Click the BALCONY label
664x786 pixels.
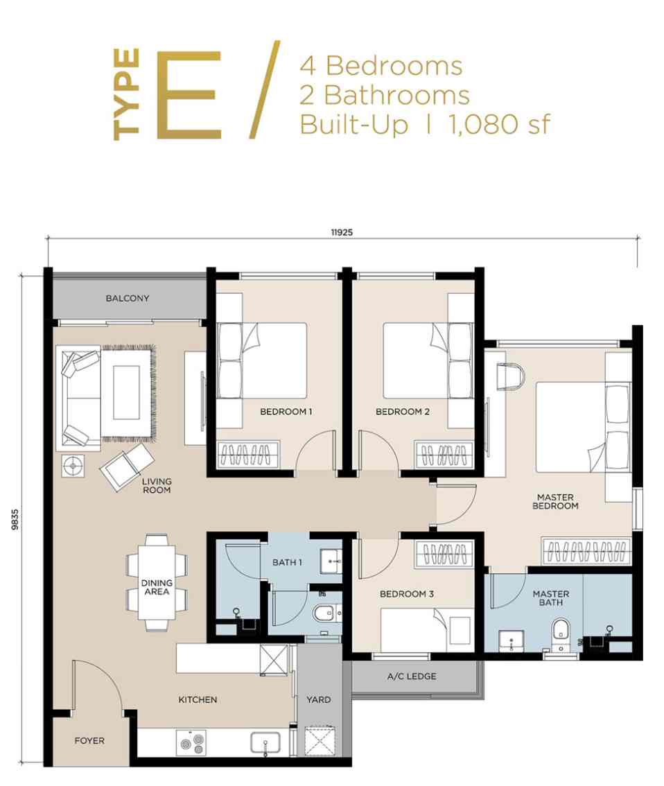tap(128, 299)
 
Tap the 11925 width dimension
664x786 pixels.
tap(342, 233)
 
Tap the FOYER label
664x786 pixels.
tap(89, 741)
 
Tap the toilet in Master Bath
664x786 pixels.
tap(561, 632)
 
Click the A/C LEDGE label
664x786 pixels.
tap(412, 676)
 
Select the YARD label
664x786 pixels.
tap(318, 699)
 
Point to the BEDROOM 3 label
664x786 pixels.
tap(406, 594)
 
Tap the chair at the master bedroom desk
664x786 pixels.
tap(512, 375)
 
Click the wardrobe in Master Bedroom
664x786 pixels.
tap(586, 551)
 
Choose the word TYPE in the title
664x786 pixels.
tap(128, 94)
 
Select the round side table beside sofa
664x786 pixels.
tap(72, 466)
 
